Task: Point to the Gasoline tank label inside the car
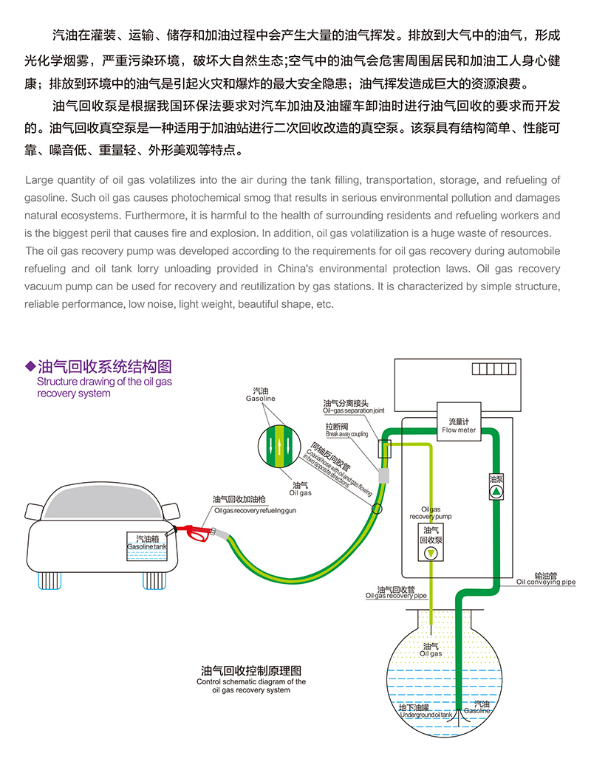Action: point(147,542)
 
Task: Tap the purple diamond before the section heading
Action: point(30,366)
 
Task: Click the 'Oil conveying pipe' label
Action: point(545,581)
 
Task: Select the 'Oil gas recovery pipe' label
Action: point(396,594)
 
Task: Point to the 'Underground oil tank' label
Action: point(425,715)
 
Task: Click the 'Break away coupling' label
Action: point(346,434)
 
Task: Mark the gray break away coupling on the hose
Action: point(383,475)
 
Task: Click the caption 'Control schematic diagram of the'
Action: point(251,682)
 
